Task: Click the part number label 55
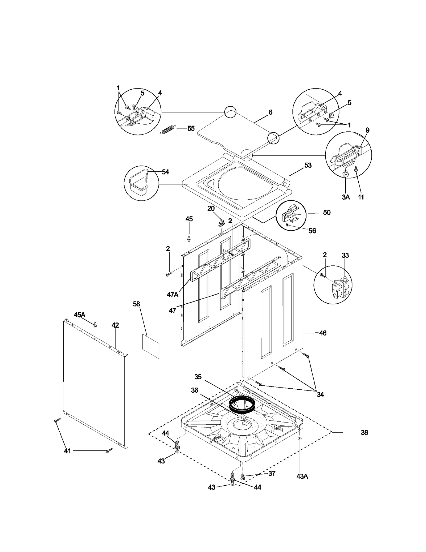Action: pyautogui.click(x=191, y=128)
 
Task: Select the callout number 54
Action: pyautogui.click(x=165, y=172)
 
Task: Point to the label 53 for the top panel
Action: pyautogui.click(x=308, y=165)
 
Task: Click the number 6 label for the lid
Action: pyautogui.click(x=270, y=112)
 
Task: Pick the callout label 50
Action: pyautogui.click(x=327, y=212)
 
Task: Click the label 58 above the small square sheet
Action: pyautogui.click(x=136, y=304)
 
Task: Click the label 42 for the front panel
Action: pyautogui.click(x=115, y=325)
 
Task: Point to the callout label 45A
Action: pyautogui.click(x=79, y=315)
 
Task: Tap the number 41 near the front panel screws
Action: pyautogui.click(x=67, y=451)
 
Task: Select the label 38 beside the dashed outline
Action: pyautogui.click(x=364, y=433)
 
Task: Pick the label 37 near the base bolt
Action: pyautogui.click(x=272, y=473)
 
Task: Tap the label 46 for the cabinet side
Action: pyautogui.click(x=322, y=333)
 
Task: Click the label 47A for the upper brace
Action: pyautogui.click(x=173, y=295)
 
